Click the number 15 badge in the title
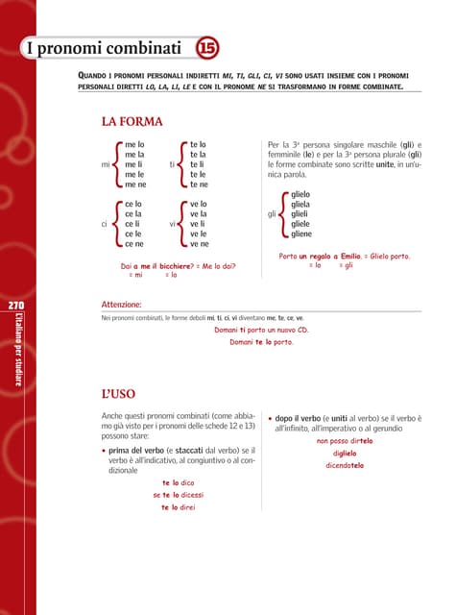[205, 48]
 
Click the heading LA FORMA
[132, 122]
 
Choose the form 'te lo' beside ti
[199, 144]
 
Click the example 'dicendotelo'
[345, 465]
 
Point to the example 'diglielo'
[345, 453]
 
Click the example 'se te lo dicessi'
[179, 495]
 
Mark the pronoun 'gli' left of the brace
[273, 214]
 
